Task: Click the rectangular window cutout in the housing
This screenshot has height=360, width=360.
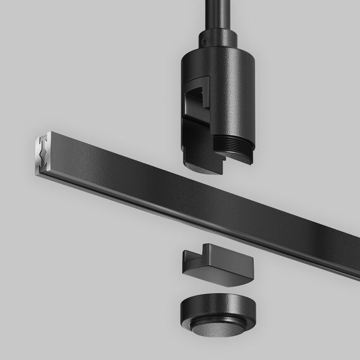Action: (199, 95)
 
